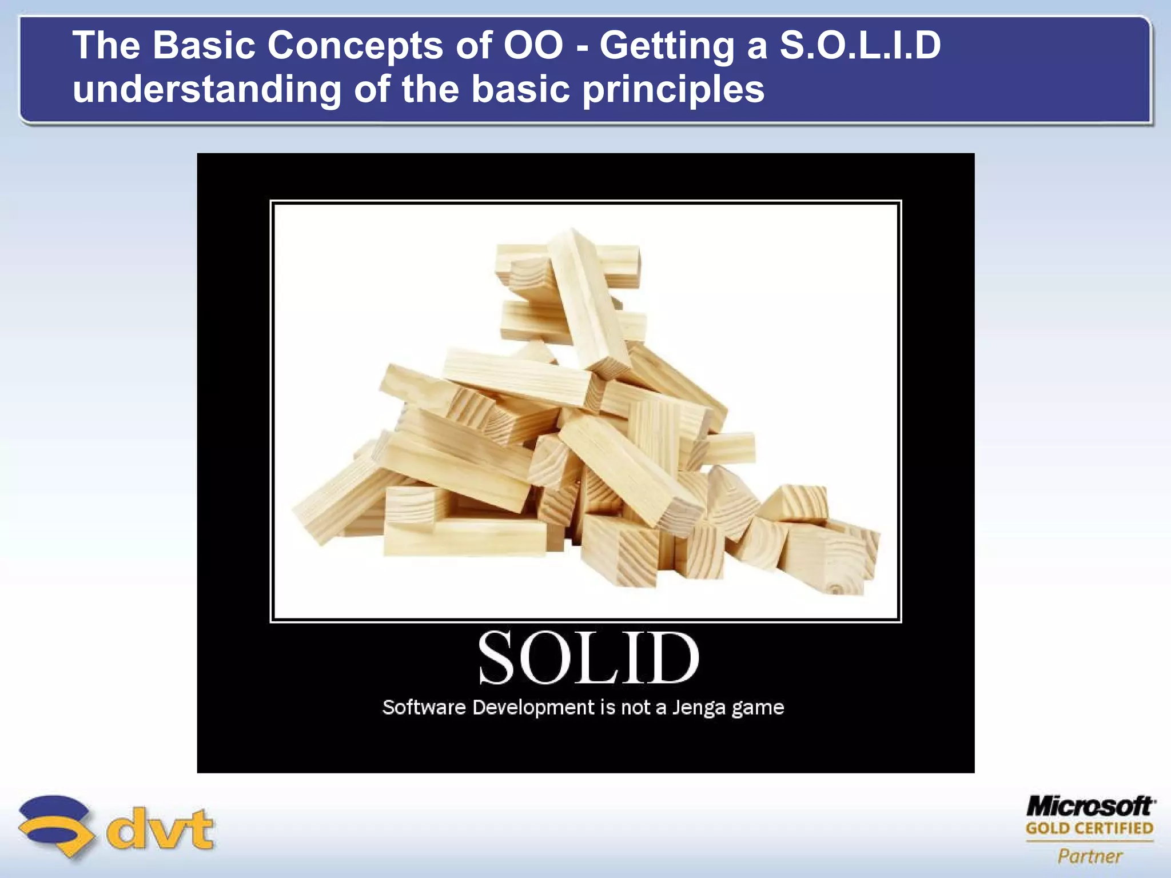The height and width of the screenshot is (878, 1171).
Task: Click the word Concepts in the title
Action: coord(355,46)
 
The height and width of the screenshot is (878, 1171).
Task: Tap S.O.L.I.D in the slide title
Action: coord(860,46)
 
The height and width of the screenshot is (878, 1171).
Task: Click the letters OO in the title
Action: coord(533,46)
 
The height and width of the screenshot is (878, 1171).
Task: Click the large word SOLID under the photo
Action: coord(588,658)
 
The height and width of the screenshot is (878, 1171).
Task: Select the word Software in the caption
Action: coord(424,708)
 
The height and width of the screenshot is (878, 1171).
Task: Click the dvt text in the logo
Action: coord(161,829)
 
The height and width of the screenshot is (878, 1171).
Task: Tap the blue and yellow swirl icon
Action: coord(55,826)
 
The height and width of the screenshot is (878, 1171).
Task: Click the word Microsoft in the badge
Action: coord(1090,806)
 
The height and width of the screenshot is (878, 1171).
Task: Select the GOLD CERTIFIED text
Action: coord(1089,828)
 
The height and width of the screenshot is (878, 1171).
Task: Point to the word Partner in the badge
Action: coord(1090,856)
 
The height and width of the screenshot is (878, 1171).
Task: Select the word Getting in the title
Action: coord(667,46)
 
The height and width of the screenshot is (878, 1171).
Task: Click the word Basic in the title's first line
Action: coord(204,46)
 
